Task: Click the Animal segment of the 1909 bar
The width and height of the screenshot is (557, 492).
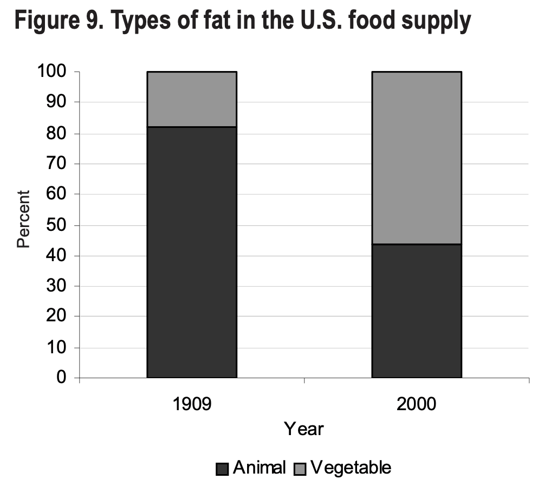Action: coord(192,252)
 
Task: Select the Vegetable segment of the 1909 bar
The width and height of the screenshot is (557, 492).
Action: coord(192,99)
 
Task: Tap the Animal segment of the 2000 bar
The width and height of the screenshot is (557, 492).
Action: coord(416,310)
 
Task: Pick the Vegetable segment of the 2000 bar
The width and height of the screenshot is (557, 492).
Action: coord(416,158)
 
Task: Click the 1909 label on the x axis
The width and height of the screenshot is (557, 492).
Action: coord(192,404)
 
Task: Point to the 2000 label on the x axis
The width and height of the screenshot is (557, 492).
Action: coord(416,404)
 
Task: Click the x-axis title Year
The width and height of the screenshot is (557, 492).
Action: coord(304,429)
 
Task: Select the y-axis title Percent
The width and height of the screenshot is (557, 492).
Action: coord(23,219)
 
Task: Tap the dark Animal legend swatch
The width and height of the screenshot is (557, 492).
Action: coord(222,469)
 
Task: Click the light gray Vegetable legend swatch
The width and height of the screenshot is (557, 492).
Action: coord(300,469)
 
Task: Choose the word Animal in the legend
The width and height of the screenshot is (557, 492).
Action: coord(259,468)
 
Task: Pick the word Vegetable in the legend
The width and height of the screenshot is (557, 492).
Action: coord(350,468)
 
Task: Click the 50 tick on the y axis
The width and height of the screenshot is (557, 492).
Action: coord(56,225)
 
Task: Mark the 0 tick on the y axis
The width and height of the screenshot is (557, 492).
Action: coord(61,378)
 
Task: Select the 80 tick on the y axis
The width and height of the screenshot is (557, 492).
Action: coord(56,133)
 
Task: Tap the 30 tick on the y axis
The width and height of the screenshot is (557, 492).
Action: coord(56,286)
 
